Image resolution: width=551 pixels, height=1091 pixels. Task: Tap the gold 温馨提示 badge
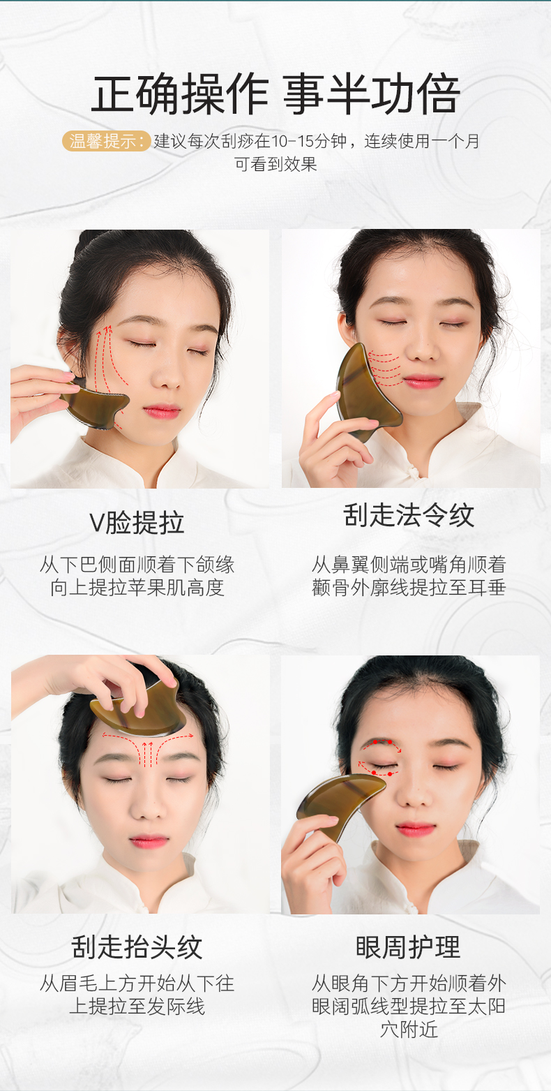106,141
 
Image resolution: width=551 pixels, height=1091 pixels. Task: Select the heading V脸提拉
137,522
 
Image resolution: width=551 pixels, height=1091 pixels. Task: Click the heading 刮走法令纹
409,515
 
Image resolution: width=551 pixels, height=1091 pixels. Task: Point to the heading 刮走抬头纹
137,947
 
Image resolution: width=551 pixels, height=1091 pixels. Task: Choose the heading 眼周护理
409,947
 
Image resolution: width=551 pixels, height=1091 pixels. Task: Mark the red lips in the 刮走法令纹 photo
421,381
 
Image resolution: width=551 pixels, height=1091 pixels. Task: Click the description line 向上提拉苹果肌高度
137,588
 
